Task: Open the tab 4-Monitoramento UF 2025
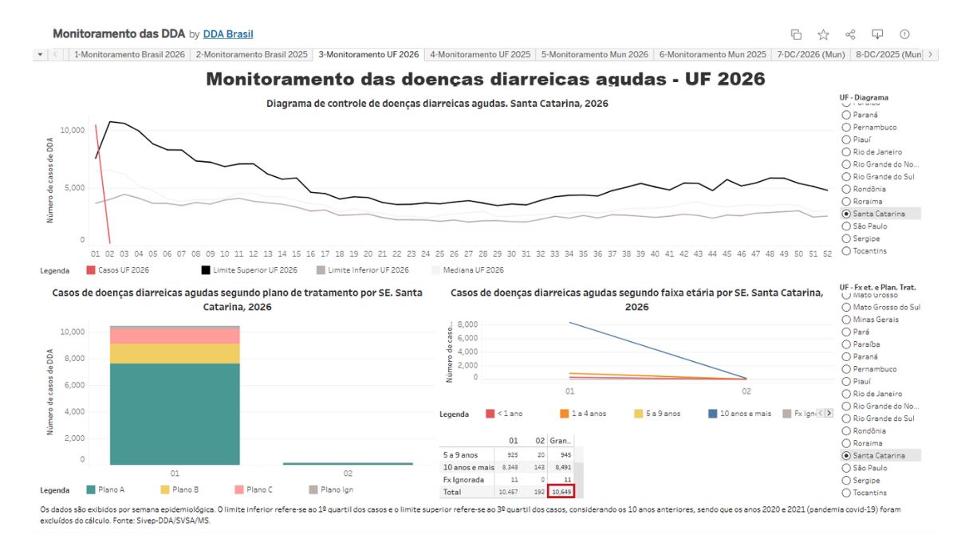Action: [x=479, y=54]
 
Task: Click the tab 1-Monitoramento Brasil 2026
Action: [x=129, y=54]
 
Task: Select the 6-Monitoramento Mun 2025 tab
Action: [x=712, y=54]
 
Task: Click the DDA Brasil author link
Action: [x=228, y=34]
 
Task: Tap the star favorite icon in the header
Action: [x=823, y=34]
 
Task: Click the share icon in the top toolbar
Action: [x=850, y=34]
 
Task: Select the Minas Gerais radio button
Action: [x=847, y=320]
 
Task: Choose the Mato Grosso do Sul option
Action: [x=847, y=307]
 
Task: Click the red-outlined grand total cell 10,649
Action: [x=561, y=493]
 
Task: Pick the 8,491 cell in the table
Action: [x=561, y=466]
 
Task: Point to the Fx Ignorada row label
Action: [x=463, y=480]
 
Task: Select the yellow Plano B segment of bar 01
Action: [x=175, y=353]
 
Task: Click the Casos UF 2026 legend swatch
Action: [x=91, y=270]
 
